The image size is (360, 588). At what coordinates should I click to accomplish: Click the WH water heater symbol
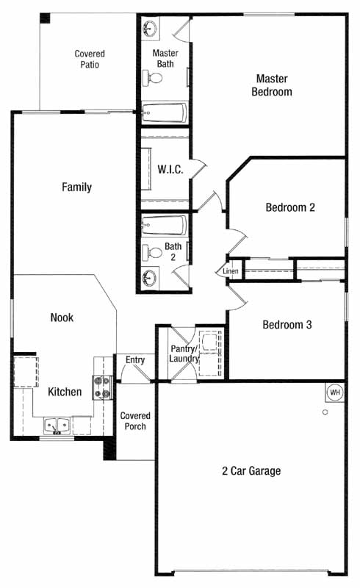334,392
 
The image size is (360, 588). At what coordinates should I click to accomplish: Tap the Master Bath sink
150,28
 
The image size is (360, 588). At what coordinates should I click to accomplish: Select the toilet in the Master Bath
153,78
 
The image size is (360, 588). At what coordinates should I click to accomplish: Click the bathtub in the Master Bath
165,112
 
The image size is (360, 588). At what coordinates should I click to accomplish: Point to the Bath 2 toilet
152,252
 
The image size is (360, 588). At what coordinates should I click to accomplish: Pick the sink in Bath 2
150,279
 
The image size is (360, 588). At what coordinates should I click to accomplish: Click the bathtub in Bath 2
165,225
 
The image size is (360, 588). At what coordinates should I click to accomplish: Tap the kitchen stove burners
102,388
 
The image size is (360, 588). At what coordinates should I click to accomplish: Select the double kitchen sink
57,426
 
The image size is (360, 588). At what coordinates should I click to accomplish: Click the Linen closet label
230,271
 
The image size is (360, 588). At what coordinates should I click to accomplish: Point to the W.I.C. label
170,170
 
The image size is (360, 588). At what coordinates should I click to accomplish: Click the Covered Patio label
90,60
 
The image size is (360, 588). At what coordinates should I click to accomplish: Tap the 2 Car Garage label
251,471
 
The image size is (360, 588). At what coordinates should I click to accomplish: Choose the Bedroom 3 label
287,325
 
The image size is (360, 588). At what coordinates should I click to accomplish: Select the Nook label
62,318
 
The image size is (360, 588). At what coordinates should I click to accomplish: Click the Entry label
135,360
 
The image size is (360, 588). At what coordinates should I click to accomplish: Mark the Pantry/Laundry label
184,354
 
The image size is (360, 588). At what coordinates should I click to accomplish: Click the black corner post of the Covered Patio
45,18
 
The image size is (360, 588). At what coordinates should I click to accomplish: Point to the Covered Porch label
135,421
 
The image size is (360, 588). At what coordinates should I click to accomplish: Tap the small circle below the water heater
325,412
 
